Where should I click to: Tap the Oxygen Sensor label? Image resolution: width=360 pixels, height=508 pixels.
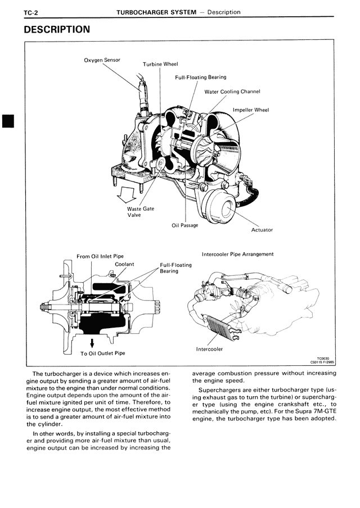click(x=102, y=60)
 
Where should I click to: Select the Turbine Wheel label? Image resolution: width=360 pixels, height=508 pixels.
click(x=160, y=64)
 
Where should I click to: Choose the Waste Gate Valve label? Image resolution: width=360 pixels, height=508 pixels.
click(x=140, y=211)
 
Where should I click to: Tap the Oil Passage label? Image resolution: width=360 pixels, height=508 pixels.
click(x=184, y=225)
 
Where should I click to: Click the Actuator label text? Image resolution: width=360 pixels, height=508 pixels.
click(x=262, y=229)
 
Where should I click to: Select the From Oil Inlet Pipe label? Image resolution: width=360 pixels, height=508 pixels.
click(x=100, y=256)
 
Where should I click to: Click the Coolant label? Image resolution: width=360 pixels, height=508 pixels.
click(x=124, y=264)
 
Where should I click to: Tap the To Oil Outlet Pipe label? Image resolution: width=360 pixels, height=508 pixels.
click(x=102, y=353)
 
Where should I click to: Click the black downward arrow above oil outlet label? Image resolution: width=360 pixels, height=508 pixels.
click(x=92, y=342)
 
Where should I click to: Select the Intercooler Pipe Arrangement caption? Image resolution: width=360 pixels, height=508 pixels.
click(x=237, y=254)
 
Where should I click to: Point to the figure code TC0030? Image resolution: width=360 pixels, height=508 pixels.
click(x=325, y=358)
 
